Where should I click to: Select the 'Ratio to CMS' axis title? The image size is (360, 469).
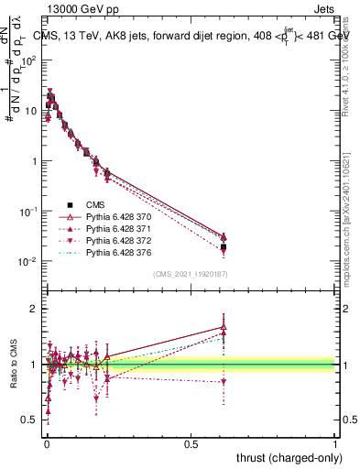click(13, 365)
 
